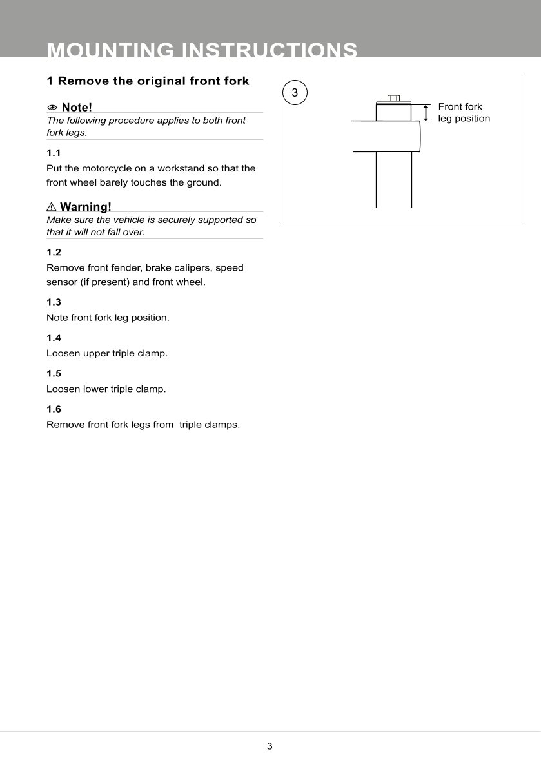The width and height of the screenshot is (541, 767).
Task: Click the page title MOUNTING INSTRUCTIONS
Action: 202,50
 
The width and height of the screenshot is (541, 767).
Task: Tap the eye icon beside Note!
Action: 52,107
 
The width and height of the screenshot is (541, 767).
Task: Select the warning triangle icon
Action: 52,207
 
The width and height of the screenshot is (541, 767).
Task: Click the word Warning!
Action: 85,207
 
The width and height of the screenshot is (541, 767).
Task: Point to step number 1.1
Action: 54,153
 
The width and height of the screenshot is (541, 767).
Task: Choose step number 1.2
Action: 54,252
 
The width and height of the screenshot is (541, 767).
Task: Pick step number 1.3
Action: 54,302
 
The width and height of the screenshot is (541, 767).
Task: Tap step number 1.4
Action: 54,338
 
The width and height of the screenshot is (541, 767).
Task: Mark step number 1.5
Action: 54,373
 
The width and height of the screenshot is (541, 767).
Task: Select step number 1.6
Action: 54,409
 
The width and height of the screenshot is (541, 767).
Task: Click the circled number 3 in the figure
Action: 295,93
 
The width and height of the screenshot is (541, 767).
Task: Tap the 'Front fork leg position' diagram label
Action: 464,113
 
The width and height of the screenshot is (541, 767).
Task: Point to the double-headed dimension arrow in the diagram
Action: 426,113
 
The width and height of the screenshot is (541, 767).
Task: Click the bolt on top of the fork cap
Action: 393,98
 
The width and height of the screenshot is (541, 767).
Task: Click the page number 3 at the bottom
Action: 270,746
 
